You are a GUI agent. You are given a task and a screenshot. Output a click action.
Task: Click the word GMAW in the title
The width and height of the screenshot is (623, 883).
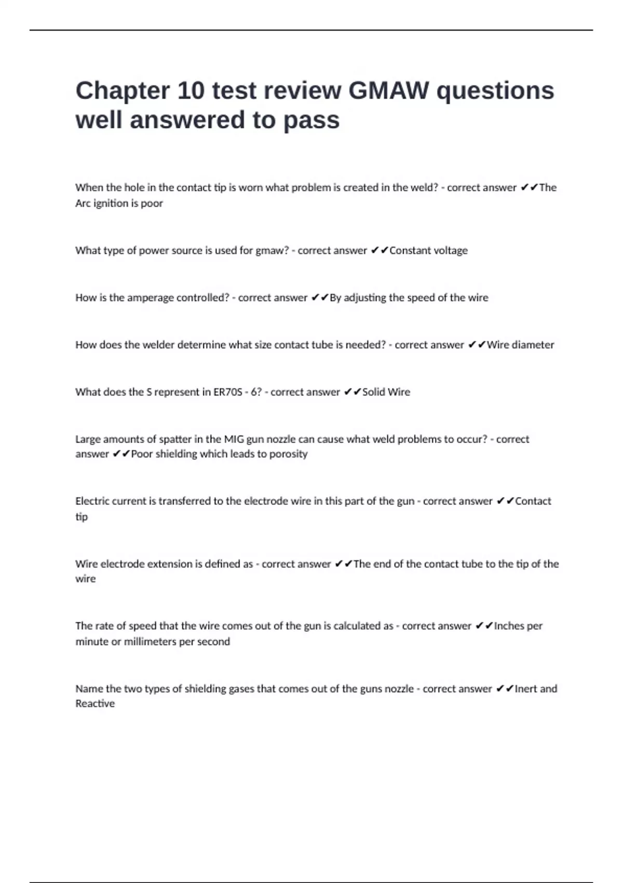tap(388, 90)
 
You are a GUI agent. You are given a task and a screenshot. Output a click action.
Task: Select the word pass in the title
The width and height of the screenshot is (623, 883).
tap(311, 121)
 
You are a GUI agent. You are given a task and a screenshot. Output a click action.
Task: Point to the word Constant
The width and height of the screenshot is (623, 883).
tap(410, 250)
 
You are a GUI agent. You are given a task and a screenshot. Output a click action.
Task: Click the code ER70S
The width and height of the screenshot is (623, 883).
tap(227, 392)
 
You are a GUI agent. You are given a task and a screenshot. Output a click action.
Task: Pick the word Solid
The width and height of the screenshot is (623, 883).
tap(373, 392)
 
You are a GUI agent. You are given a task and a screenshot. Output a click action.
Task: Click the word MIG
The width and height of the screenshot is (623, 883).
tap(234, 439)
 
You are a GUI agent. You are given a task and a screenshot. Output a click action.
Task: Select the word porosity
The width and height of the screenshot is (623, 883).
tap(288, 454)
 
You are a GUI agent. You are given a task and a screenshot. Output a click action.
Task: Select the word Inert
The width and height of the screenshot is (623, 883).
tap(525, 689)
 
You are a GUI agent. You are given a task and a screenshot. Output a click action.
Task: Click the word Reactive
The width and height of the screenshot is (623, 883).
tap(95, 704)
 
